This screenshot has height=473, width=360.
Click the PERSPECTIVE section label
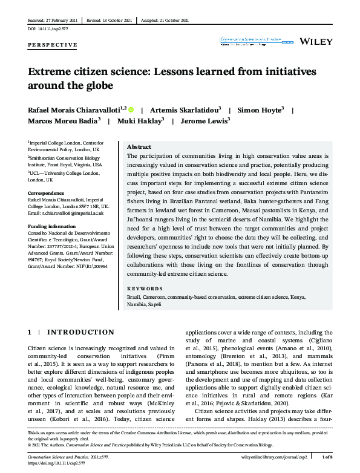pos(53,45)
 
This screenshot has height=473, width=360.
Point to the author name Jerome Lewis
pos(200,120)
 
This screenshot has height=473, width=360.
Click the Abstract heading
pos(139,147)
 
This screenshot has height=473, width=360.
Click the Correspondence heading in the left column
pos(47,194)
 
